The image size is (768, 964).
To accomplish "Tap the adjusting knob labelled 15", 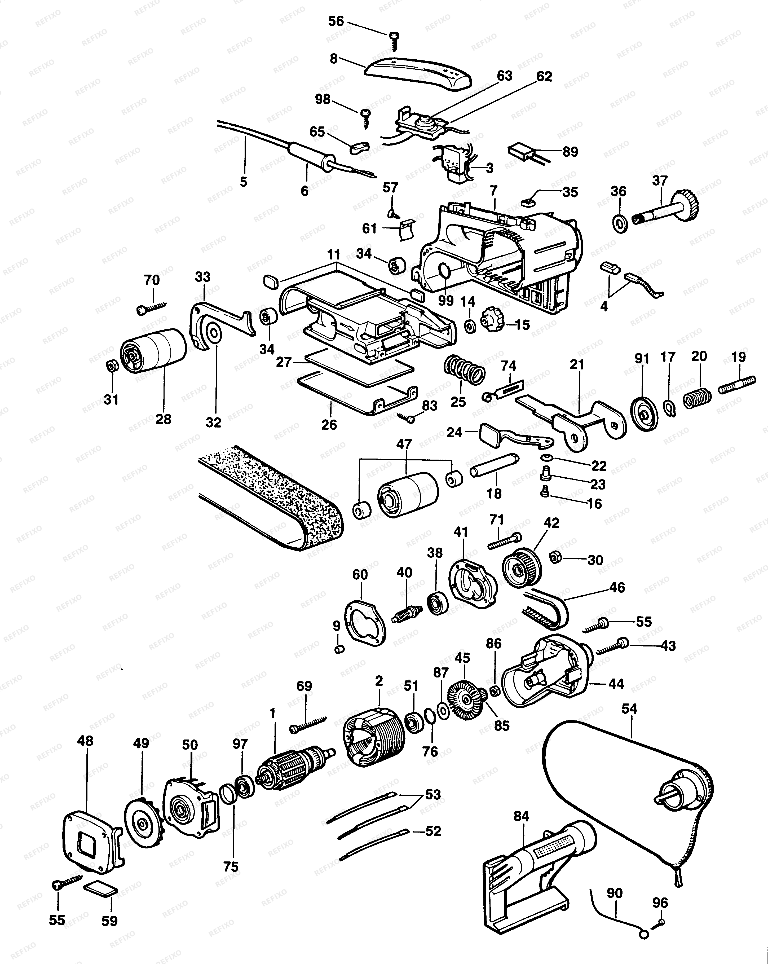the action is pos(491,319).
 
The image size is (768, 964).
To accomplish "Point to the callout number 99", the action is pos(446,300).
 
